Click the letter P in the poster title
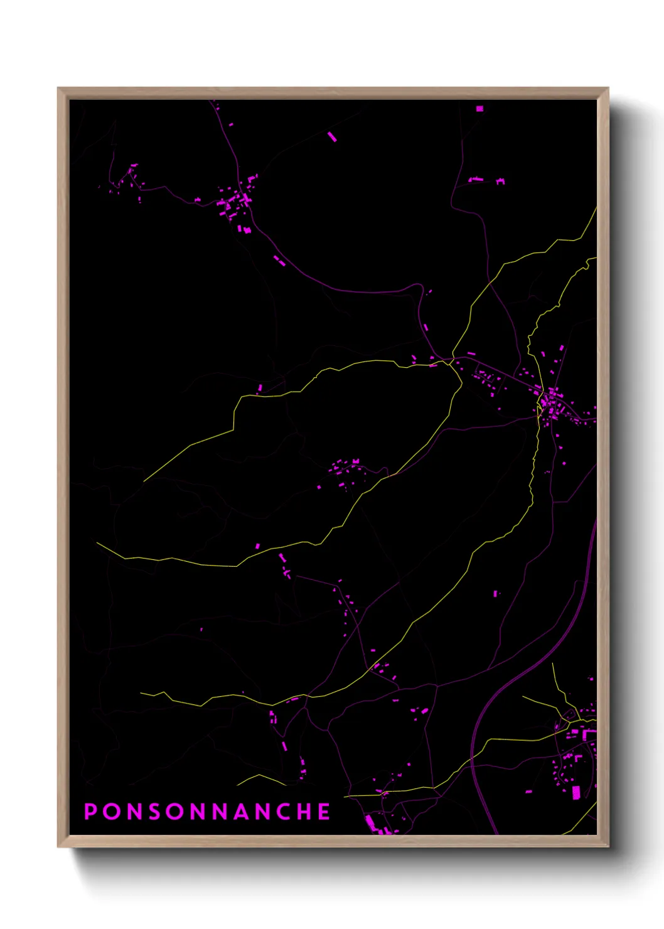(91, 812)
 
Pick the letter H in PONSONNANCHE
(303, 812)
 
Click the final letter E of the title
(324, 812)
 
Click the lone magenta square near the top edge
(479, 109)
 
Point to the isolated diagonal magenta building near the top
(332, 136)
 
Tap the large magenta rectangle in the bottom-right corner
(576, 792)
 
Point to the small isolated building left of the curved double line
(496, 593)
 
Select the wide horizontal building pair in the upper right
(486, 181)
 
